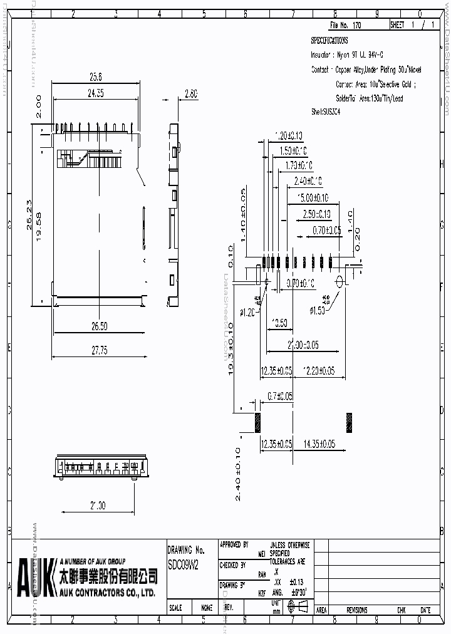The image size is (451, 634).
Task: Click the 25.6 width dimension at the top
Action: point(95,77)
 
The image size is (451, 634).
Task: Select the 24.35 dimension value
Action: point(95,93)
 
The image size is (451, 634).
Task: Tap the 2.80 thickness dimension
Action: point(190,93)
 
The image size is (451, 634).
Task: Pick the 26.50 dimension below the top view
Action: point(99,326)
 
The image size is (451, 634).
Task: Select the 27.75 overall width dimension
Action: point(99,350)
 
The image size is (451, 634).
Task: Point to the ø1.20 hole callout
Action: point(247,312)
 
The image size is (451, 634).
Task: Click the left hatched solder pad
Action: point(257,422)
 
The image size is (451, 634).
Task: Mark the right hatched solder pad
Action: point(350,422)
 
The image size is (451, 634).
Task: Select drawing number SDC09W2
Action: point(183,564)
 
